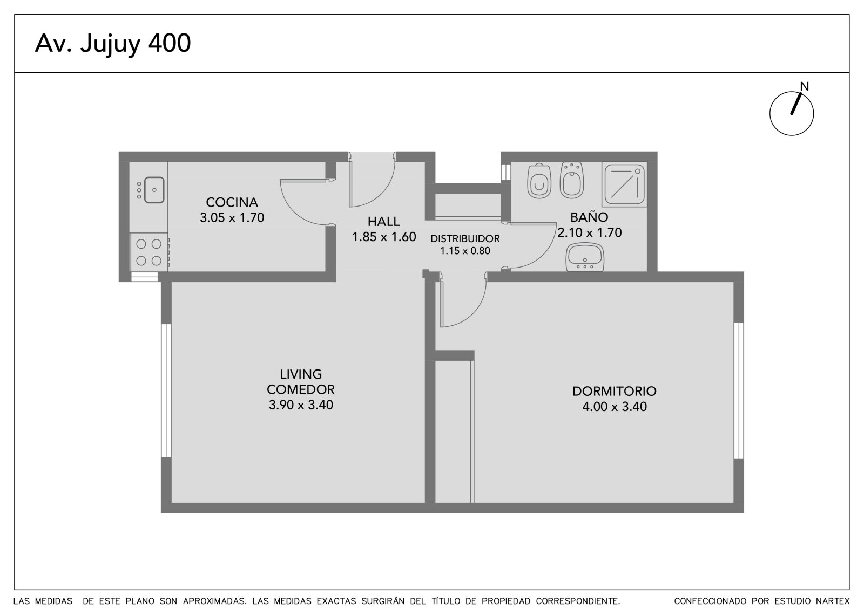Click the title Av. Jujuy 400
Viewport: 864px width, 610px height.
click(113, 44)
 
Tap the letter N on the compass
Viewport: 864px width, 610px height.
click(804, 86)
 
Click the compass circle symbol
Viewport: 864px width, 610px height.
click(792, 114)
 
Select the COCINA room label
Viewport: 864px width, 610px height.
click(232, 202)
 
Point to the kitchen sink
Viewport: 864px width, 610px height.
click(154, 190)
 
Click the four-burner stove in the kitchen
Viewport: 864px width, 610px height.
click(149, 252)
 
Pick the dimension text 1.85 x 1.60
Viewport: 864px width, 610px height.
click(384, 237)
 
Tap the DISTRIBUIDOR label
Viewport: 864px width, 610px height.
click(465, 238)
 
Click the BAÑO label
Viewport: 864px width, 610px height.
click(589, 217)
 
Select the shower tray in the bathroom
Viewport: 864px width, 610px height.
click(624, 184)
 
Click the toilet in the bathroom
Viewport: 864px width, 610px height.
click(539, 181)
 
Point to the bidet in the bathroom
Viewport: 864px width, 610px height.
click(572, 180)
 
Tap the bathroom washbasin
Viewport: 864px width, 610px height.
click(585, 257)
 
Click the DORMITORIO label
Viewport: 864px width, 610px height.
click(615, 391)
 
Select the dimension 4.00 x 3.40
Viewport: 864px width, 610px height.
click(615, 407)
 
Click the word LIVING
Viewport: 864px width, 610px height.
click(301, 374)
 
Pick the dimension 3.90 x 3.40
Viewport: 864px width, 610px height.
click(301, 405)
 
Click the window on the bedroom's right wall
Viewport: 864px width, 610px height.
click(738, 390)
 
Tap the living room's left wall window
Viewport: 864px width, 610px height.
click(166, 390)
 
